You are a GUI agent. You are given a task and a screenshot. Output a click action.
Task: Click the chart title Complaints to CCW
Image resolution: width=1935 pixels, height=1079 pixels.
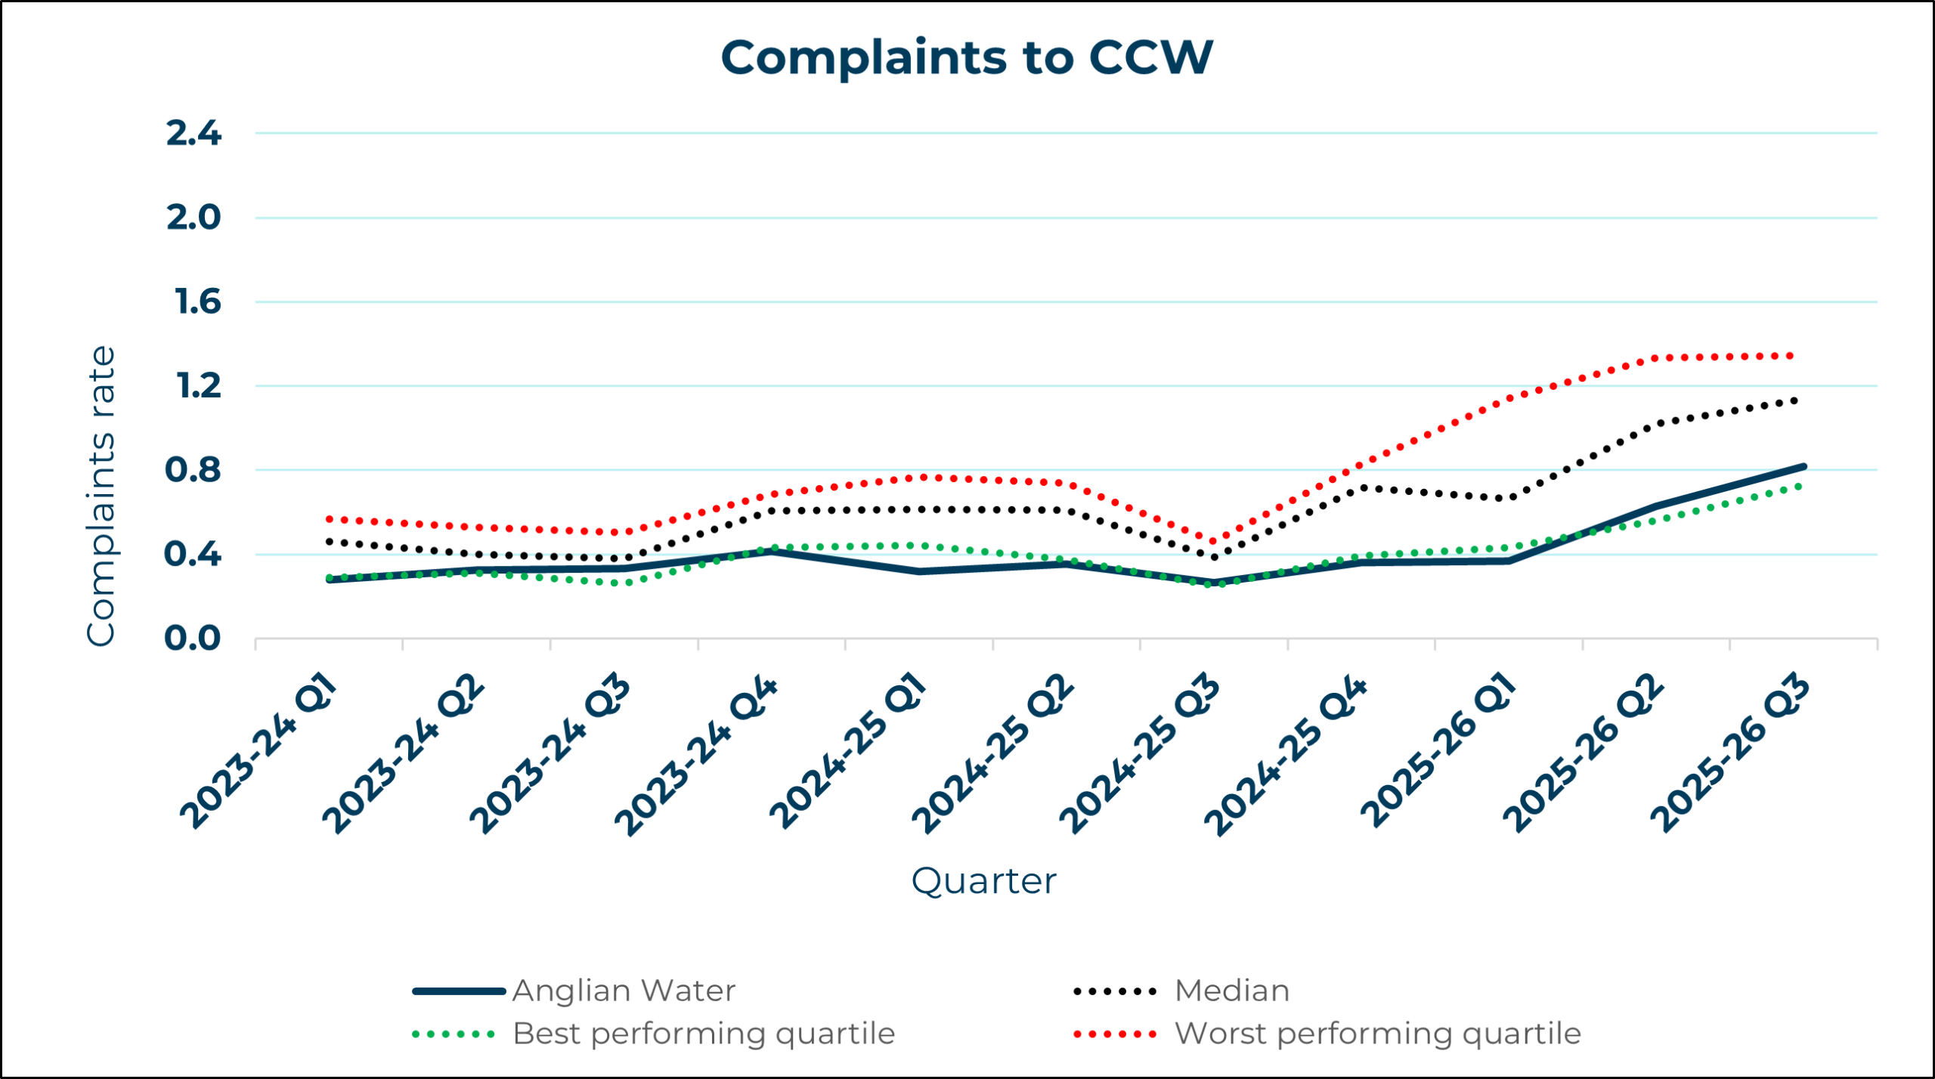967,57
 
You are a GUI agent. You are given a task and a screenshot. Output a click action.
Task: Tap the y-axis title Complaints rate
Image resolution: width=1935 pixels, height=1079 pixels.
101,496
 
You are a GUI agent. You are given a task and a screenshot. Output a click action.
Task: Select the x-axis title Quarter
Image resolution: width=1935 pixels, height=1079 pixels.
983,881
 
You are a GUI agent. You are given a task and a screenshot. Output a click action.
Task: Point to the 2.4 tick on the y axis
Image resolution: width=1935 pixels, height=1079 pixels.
193,134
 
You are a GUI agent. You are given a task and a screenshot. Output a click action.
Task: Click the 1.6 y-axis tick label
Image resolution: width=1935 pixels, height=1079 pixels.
198,302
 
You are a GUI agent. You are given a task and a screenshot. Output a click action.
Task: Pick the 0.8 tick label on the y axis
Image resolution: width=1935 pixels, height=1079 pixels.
193,470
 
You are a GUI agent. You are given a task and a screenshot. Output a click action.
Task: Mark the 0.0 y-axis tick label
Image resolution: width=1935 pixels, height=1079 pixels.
193,638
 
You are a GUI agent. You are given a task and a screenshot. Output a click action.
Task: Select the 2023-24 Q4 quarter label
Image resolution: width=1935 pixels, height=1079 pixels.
695,756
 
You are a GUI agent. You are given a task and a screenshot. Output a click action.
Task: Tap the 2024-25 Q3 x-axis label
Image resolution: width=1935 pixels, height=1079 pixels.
1139,754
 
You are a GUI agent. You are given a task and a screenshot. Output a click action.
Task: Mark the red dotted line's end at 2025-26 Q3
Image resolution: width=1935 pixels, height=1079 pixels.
1791,356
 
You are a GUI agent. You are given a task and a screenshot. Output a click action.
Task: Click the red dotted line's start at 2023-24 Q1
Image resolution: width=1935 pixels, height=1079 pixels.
330,519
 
